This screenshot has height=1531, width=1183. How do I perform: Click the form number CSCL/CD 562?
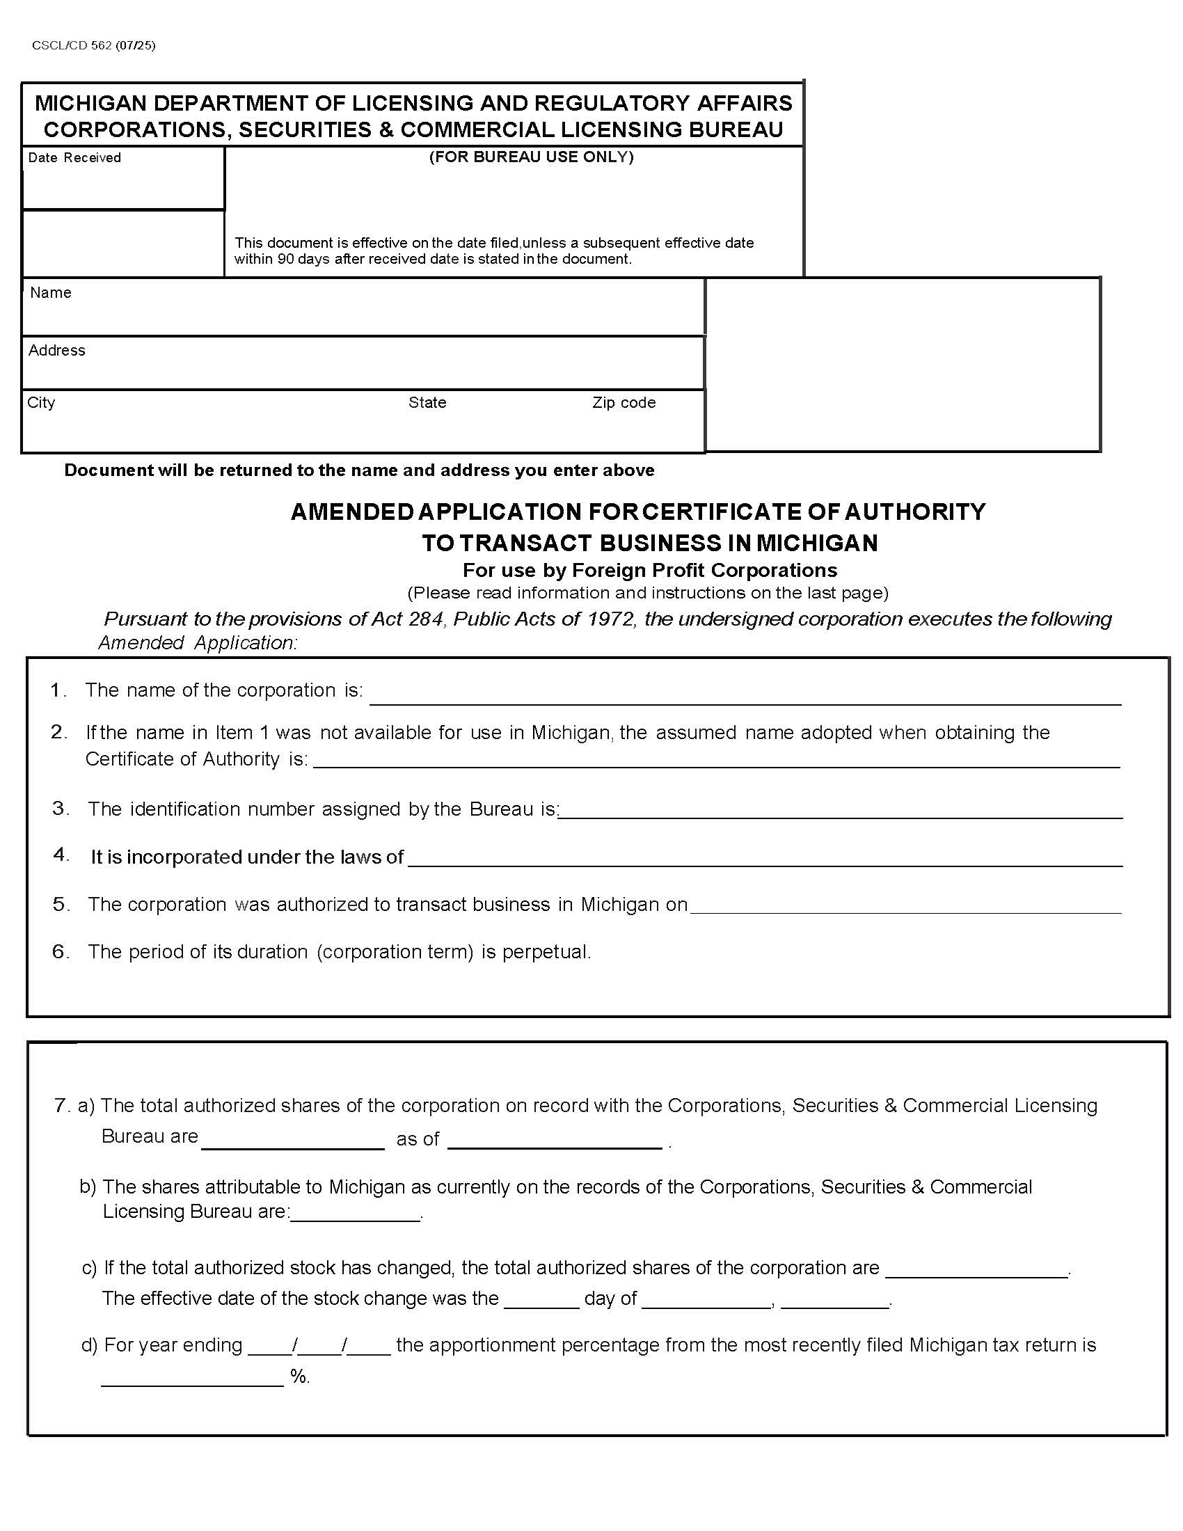point(72,45)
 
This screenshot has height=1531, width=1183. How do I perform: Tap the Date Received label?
point(74,158)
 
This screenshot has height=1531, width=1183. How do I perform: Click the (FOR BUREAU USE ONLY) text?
point(530,157)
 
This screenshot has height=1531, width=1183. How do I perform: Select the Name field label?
point(51,293)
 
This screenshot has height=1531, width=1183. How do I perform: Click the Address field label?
point(57,351)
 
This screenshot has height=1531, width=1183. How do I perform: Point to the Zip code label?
point(623,403)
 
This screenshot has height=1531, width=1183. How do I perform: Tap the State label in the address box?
point(427,403)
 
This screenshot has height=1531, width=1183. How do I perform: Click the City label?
point(40,403)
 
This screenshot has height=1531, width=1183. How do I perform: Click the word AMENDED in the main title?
point(353,512)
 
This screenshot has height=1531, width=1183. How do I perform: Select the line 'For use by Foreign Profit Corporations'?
point(649,570)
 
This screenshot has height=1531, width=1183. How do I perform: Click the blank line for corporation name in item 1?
point(745,695)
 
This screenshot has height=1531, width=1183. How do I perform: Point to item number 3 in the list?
point(61,808)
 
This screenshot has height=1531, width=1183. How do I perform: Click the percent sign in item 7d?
point(299,1377)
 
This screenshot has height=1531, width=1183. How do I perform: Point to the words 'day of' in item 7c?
point(610,1299)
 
